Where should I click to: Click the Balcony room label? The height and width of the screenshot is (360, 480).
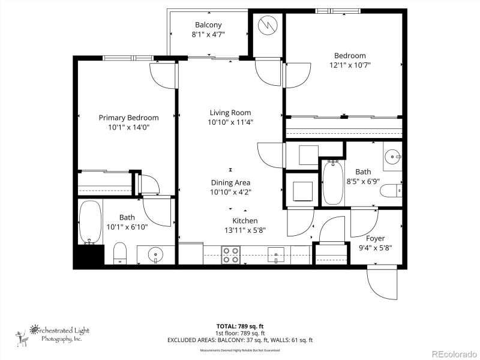208,25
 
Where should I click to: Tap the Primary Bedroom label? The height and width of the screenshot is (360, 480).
128,118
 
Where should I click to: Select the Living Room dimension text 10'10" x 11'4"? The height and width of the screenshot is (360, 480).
230,122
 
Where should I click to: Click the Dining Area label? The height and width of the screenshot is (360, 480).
230,182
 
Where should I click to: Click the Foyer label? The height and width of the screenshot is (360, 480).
375,238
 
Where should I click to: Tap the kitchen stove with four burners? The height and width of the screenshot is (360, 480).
231,255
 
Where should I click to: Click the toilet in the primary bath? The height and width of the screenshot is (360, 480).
120,253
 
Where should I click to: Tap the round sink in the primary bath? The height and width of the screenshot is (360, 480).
155,255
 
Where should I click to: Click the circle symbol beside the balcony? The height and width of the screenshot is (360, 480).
265,25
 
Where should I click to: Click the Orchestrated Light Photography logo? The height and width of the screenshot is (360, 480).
57,335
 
